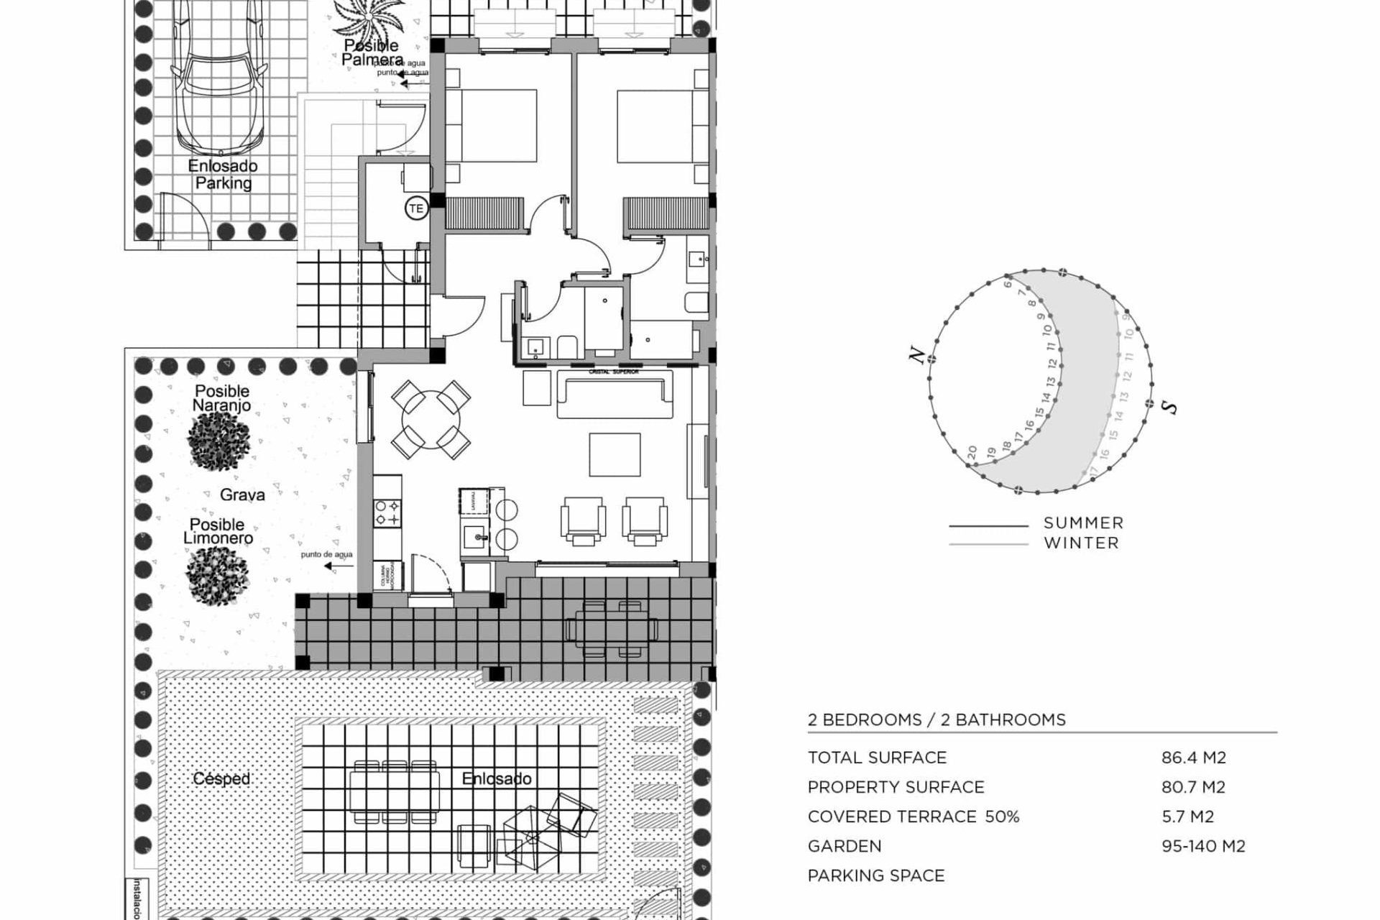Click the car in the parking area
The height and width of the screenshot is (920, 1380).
pos(219,79)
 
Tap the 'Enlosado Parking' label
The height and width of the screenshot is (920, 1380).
pos(223,175)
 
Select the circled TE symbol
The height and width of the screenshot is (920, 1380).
pos(415,209)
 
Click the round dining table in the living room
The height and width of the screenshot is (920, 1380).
pos(431,420)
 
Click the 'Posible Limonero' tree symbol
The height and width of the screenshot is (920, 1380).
pos(217,575)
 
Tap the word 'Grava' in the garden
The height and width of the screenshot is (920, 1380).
pos(242,494)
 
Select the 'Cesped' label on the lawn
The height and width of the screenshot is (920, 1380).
pos(221,778)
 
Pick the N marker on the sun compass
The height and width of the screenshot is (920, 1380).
pos(916,354)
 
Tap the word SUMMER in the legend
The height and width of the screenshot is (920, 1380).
pos(1083,523)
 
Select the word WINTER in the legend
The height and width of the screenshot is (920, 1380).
pos(1082,543)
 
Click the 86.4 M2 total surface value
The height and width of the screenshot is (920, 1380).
pos(1193,758)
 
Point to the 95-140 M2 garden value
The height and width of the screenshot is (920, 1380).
pos(1203,846)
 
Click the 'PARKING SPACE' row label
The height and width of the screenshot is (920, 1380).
pos(876,875)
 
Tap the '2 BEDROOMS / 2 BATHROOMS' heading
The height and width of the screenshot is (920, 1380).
pos(937,719)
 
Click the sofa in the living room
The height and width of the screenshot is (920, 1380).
pos(615,395)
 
